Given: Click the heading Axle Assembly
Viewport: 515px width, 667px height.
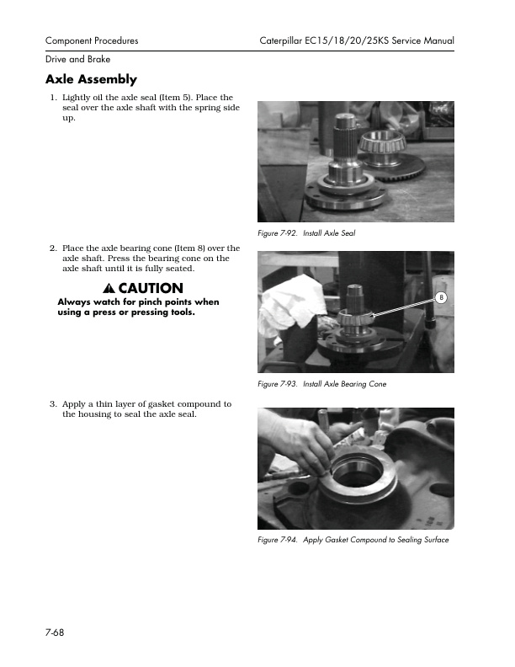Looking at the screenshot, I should [91, 80].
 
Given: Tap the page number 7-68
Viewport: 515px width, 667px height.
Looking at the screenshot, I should [56, 632].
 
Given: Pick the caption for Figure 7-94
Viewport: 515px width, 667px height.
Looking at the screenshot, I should [353, 540].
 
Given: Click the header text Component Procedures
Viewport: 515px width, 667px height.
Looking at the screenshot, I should [92, 40].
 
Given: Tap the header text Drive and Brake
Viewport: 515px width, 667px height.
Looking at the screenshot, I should [77, 59].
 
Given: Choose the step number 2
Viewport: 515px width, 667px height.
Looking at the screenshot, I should [53, 248].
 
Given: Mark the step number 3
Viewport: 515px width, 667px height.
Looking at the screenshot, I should [53, 404].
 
